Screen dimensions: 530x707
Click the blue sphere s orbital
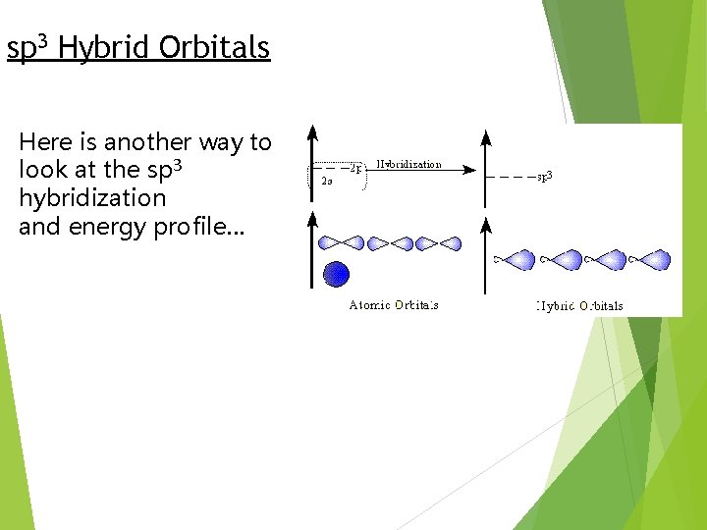pyautogui.click(x=337, y=274)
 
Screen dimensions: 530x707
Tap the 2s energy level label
pyautogui.click(x=326, y=181)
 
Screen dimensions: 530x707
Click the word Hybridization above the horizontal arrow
pyautogui.click(x=408, y=164)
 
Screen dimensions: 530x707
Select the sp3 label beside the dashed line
pyautogui.click(x=544, y=177)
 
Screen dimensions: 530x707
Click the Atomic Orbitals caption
pyautogui.click(x=394, y=305)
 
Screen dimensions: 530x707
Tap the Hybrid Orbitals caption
pyautogui.click(x=579, y=306)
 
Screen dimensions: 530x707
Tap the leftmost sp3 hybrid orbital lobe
pyautogui.click(x=517, y=260)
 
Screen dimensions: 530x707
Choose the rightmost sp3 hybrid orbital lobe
pyautogui.click(x=652, y=260)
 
